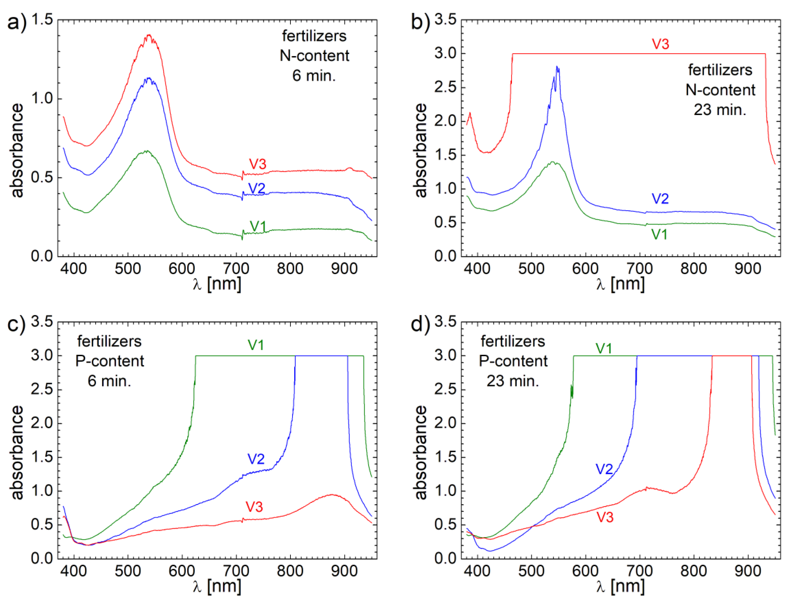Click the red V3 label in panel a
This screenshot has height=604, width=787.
257,164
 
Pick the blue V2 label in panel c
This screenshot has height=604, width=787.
256,459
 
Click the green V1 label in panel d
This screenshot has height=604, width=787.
603,348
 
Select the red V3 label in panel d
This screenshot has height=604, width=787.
605,517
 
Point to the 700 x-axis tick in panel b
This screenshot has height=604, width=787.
640,269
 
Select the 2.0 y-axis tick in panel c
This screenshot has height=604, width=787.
42,423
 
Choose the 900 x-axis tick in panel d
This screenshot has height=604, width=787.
747,571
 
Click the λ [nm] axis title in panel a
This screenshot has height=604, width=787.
217,284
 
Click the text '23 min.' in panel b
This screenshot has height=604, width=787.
720,110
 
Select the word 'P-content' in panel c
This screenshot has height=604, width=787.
109,361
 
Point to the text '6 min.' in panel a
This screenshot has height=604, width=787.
314,76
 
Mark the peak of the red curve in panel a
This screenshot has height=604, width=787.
149,35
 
